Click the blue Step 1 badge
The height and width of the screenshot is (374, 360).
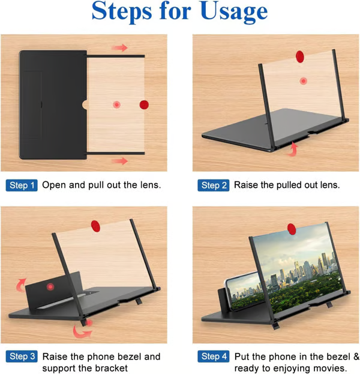pyautogui.click(x=22, y=185)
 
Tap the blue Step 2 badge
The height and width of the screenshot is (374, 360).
pyautogui.click(x=214, y=185)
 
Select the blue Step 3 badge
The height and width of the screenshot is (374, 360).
pyautogui.click(x=22, y=357)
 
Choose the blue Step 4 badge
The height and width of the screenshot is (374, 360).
pyautogui.click(x=214, y=357)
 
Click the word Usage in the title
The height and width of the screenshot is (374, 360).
pyautogui.click(x=234, y=12)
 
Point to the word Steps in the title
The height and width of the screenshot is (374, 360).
pyautogui.click(x=122, y=11)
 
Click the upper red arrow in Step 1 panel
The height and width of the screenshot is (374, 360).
pyautogui.click(x=119, y=47)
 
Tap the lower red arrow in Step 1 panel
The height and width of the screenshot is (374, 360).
pyautogui.click(x=119, y=161)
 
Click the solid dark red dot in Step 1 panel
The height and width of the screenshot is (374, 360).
pyautogui.click(x=144, y=104)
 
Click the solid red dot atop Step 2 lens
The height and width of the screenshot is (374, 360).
pyautogui.click(x=300, y=56)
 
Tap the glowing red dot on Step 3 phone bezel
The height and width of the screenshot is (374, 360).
pyautogui.click(x=50, y=286)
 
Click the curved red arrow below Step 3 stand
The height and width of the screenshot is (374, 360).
pyautogui.click(x=81, y=331)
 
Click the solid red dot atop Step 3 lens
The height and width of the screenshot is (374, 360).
pyautogui.click(x=95, y=226)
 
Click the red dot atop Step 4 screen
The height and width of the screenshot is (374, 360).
pyautogui.click(x=292, y=229)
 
